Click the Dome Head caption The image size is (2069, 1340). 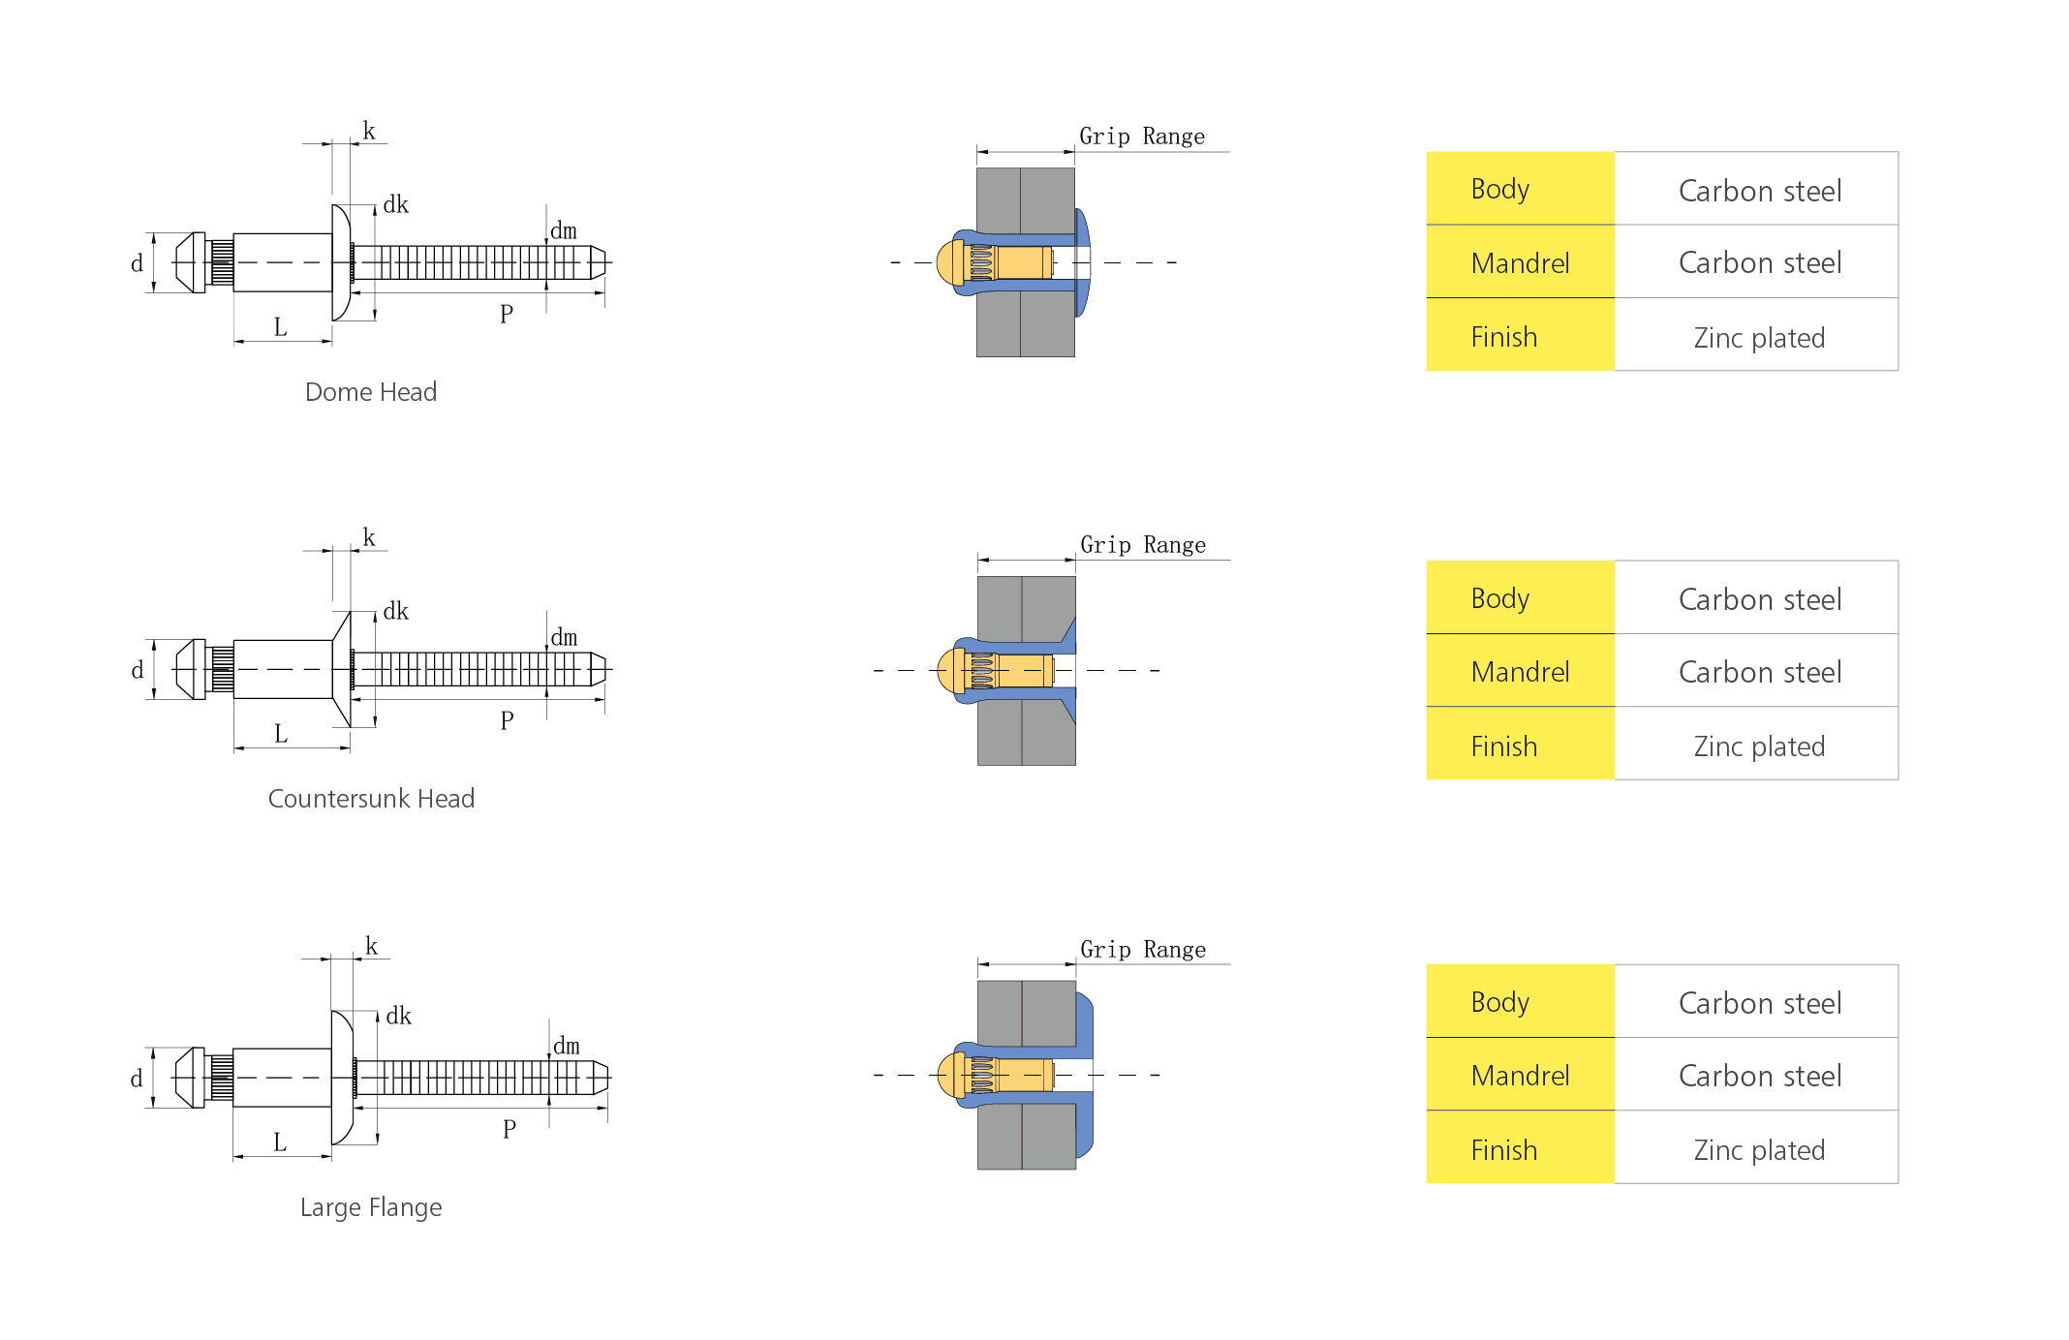[371, 392]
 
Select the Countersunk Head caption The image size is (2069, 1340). [371, 799]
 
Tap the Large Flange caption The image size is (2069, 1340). [371, 1207]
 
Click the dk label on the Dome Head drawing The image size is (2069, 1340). [396, 204]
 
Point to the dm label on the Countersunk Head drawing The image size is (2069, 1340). [564, 637]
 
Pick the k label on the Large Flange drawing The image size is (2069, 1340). [371, 946]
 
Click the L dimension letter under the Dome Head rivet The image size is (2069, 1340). [281, 327]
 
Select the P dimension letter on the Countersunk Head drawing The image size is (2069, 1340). [507, 720]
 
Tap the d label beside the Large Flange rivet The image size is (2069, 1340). [137, 1079]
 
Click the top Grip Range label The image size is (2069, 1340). [1142, 137]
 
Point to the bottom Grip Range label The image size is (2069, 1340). [1143, 950]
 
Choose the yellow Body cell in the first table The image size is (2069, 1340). [1521, 189]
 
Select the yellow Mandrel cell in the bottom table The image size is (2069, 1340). [1521, 1074]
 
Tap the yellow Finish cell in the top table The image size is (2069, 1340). [1521, 335]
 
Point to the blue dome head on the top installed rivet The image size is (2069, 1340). [1083, 262]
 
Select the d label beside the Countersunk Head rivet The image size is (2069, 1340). [137, 670]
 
